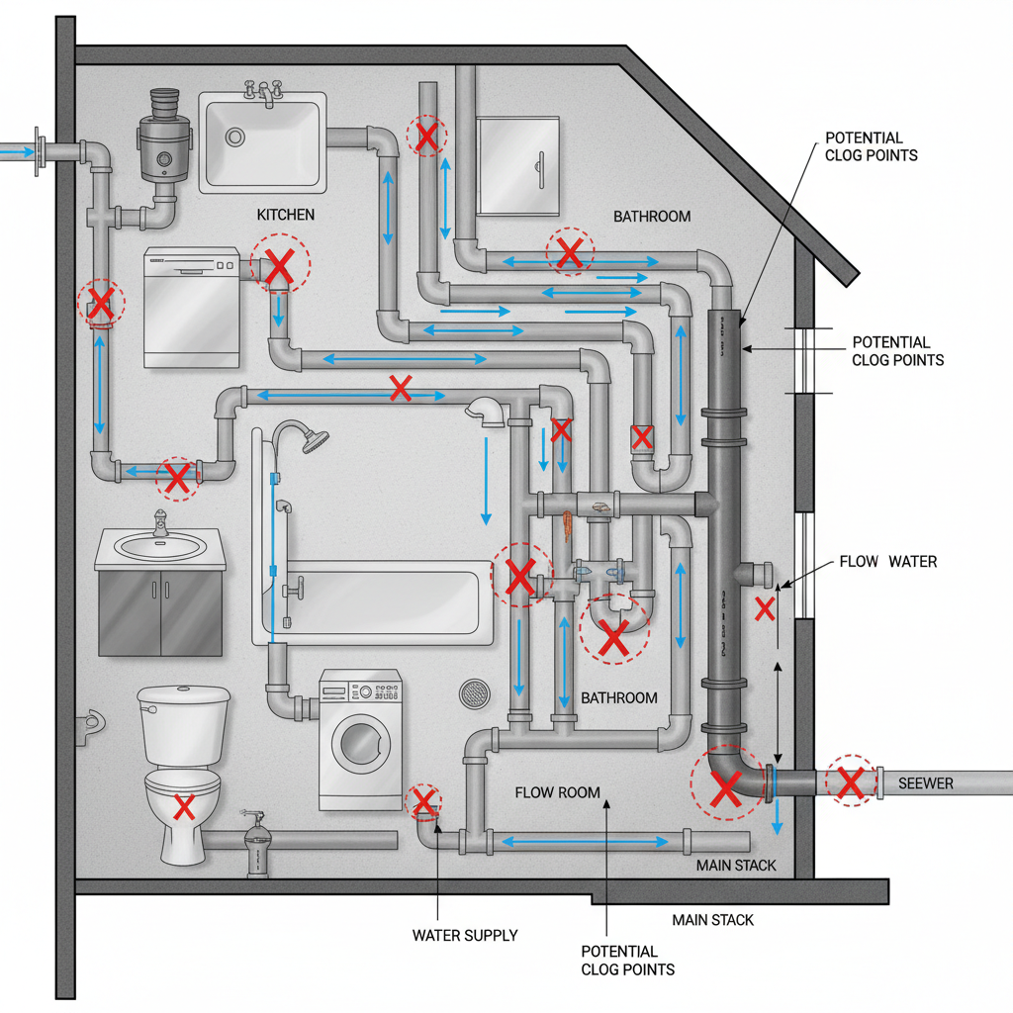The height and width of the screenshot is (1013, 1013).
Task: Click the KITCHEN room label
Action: pyautogui.click(x=286, y=215)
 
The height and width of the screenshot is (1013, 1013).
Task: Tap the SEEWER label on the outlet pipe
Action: pyautogui.click(x=926, y=783)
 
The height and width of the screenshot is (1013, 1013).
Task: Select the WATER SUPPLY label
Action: pyautogui.click(x=465, y=935)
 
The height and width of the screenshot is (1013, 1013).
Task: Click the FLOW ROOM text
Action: pyautogui.click(x=558, y=792)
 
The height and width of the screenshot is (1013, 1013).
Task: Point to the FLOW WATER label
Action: pyautogui.click(x=887, y=562)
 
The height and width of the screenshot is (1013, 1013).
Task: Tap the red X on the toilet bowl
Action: pyautogui.click(x=183, y=807)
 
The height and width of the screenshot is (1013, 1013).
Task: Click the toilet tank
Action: pyautogui.click(x=183, y=726)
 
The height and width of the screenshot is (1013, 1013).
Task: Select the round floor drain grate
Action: pyautogui.click(x=475, y=693)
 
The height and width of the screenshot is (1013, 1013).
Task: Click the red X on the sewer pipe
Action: pyautogui.click(x=850, y=783)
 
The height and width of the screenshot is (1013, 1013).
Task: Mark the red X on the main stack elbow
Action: pyautogui.click(x=725, y=788)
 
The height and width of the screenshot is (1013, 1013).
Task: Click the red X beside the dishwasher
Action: pyautogui.click(x=281, y=264)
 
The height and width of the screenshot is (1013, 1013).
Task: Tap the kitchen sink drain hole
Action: pyautogui.click(x=235, y=136)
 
